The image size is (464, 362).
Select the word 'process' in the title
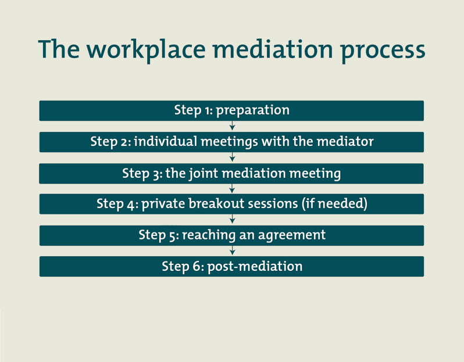click(x=383, y=50)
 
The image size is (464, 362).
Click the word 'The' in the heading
click(x=59, y=50)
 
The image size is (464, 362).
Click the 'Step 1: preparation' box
click(x=231, y=110)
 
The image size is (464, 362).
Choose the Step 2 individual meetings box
click(x=231, y=142)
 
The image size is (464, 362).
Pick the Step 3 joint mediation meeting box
click(x=231, y=173)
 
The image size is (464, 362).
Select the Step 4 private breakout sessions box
click(x=231, y=204)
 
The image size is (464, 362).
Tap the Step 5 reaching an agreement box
click(x=231, y=235)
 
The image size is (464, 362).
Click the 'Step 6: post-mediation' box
click(x=231, y=266)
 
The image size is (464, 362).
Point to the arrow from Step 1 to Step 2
click(x=232, y=126)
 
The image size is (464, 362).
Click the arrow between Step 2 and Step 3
click(x=232, y=157)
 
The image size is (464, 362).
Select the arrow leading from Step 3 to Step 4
click(x=232, y=188)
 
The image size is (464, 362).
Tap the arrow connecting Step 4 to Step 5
click(x=232, y=220)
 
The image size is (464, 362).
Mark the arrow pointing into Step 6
click(x=232, y=250)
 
